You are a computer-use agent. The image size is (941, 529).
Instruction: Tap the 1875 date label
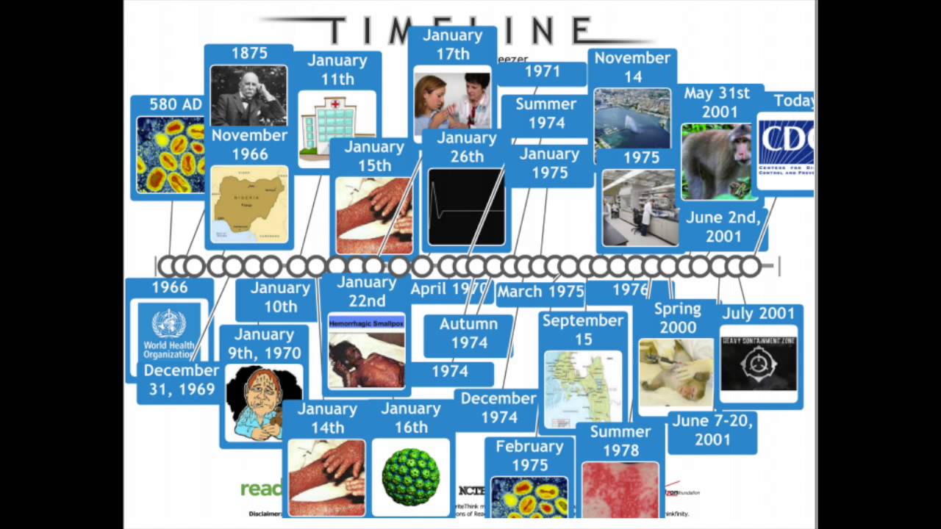point(249,54)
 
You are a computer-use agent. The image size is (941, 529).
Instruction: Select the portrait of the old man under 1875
point(248,96)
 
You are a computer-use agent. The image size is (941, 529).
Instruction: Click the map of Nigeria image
point(249,204)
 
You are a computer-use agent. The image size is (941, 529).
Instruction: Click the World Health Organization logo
point(170,331)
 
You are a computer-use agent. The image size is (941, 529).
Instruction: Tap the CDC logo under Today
point(785,151)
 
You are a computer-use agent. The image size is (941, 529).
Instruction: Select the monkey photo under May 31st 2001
point(716,162)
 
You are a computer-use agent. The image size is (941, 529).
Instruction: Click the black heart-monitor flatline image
point(466,206)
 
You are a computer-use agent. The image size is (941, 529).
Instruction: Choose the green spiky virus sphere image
point(411,476)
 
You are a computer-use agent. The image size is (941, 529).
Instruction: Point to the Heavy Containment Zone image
point(759,363)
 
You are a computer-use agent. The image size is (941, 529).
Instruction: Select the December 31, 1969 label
point(182,380)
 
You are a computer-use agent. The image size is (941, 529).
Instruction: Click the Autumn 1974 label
point(469,334)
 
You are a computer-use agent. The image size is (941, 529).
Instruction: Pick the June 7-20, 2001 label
point(712,431)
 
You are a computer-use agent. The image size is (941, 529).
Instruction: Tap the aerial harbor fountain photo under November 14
point(631,118)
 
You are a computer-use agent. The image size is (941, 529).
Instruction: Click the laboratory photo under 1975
point(640,208)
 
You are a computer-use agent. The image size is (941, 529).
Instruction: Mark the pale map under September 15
point(582,388)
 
